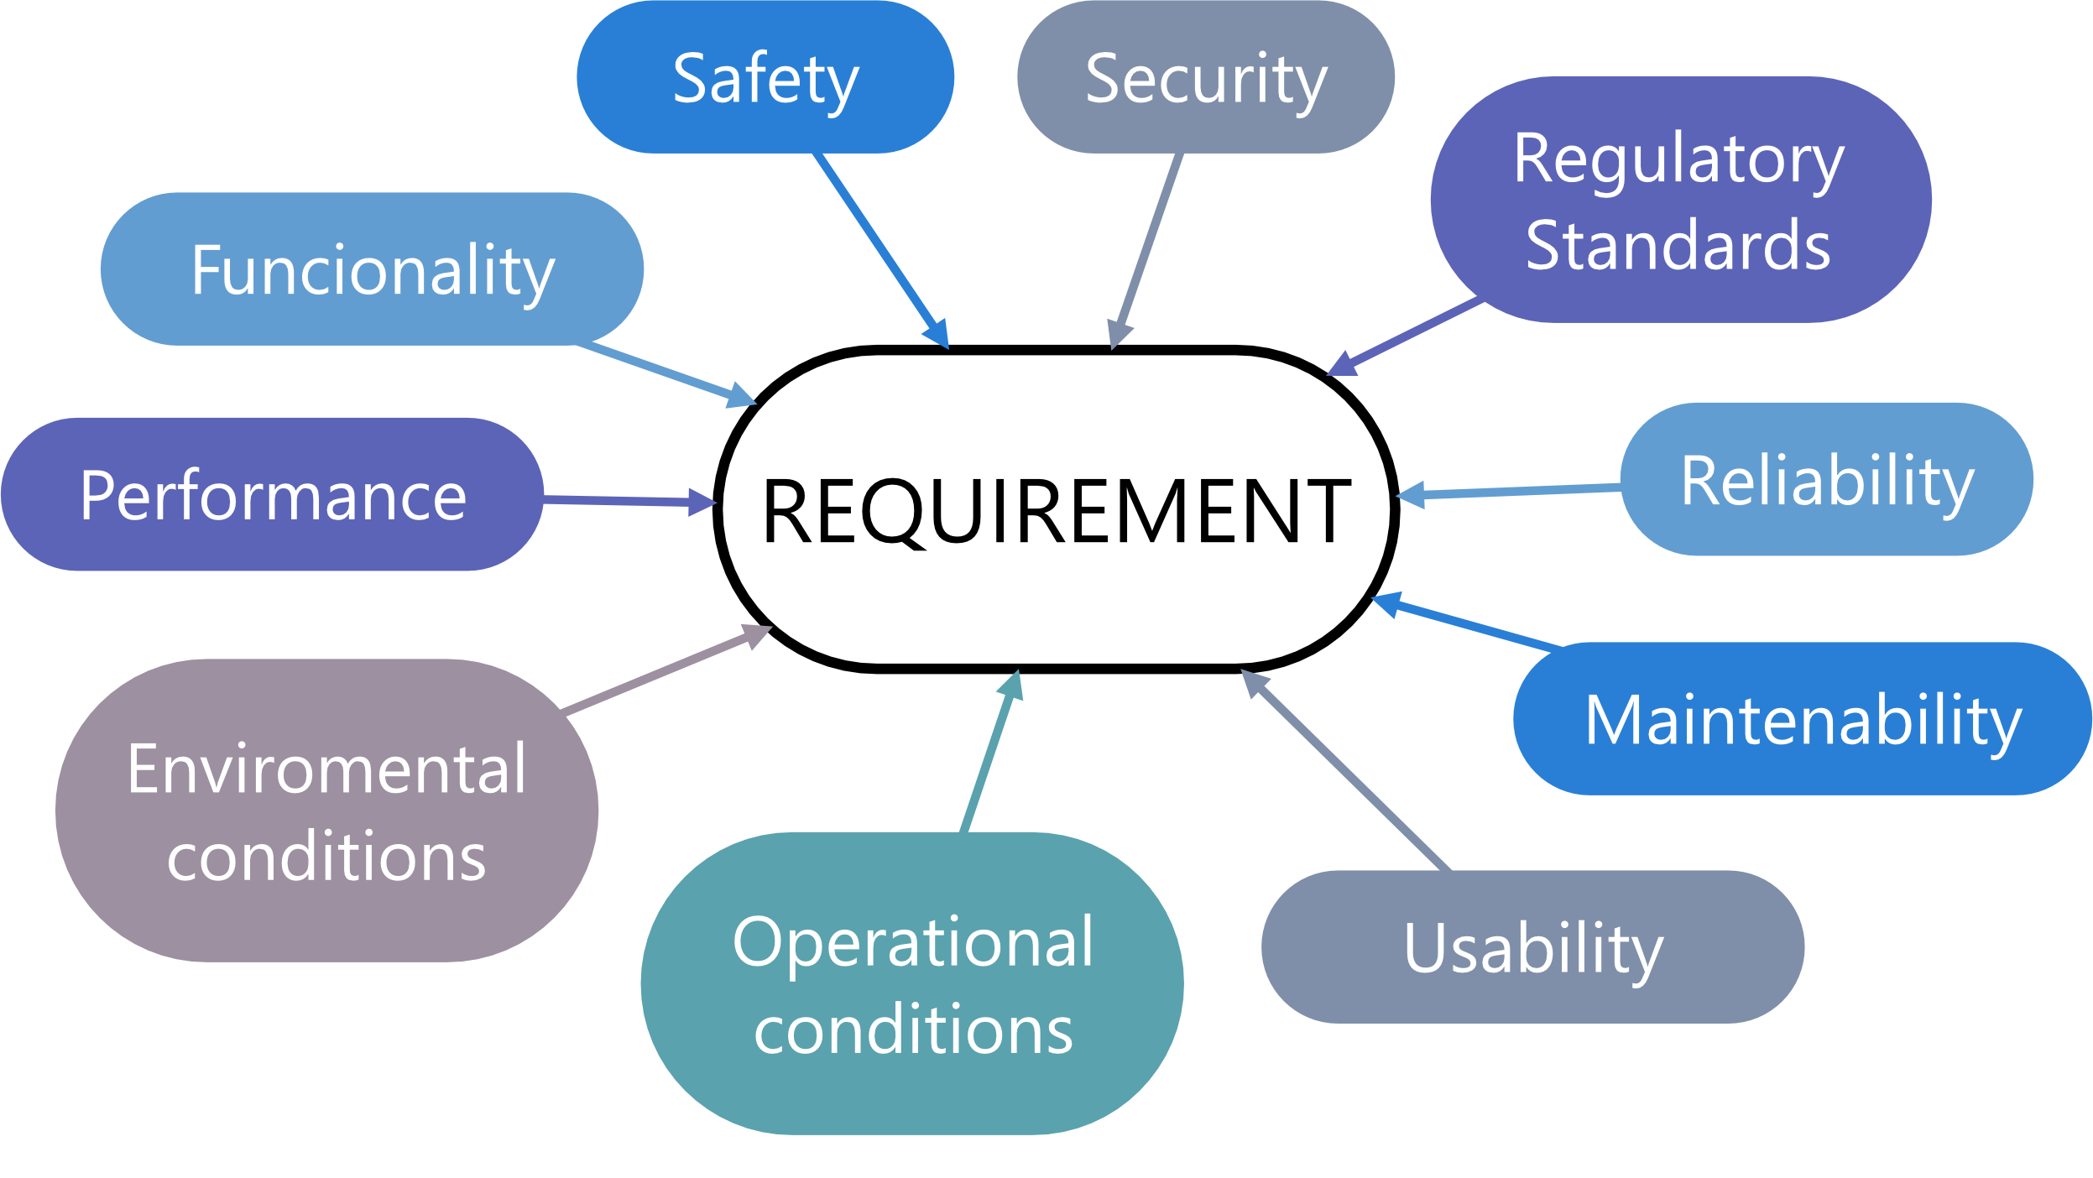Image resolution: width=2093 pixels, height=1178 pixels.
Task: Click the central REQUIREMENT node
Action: click(x=1056, y=510)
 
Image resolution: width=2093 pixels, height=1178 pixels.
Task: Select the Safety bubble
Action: click(x=765, y=77)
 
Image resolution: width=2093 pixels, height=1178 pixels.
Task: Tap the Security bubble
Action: click(x=1206, y=77)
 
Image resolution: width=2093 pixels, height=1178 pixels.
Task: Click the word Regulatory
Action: click(x=1679, y=159)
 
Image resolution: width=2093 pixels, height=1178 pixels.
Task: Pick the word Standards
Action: click(x=1678, y=245)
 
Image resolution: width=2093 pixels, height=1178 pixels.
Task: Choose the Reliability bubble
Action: click(x=1826, y=481)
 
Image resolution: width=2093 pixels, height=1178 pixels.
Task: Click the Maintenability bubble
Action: click(x=1803, y=720)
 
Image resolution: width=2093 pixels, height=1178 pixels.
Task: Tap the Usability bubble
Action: click(x=1532, y=948)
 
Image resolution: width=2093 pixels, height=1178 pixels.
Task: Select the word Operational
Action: click(x=913, y=941)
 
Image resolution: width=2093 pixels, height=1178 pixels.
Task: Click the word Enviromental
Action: click(x=326, y=769)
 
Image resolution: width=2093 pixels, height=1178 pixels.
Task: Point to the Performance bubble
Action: click(x=273, y=495)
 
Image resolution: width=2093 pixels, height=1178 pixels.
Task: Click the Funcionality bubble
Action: click(x=373, y=270)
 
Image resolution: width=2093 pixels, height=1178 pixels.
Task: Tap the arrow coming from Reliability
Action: click(x=1519, y=491)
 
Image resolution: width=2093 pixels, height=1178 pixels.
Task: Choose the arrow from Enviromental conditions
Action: click(x=663, y=671)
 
